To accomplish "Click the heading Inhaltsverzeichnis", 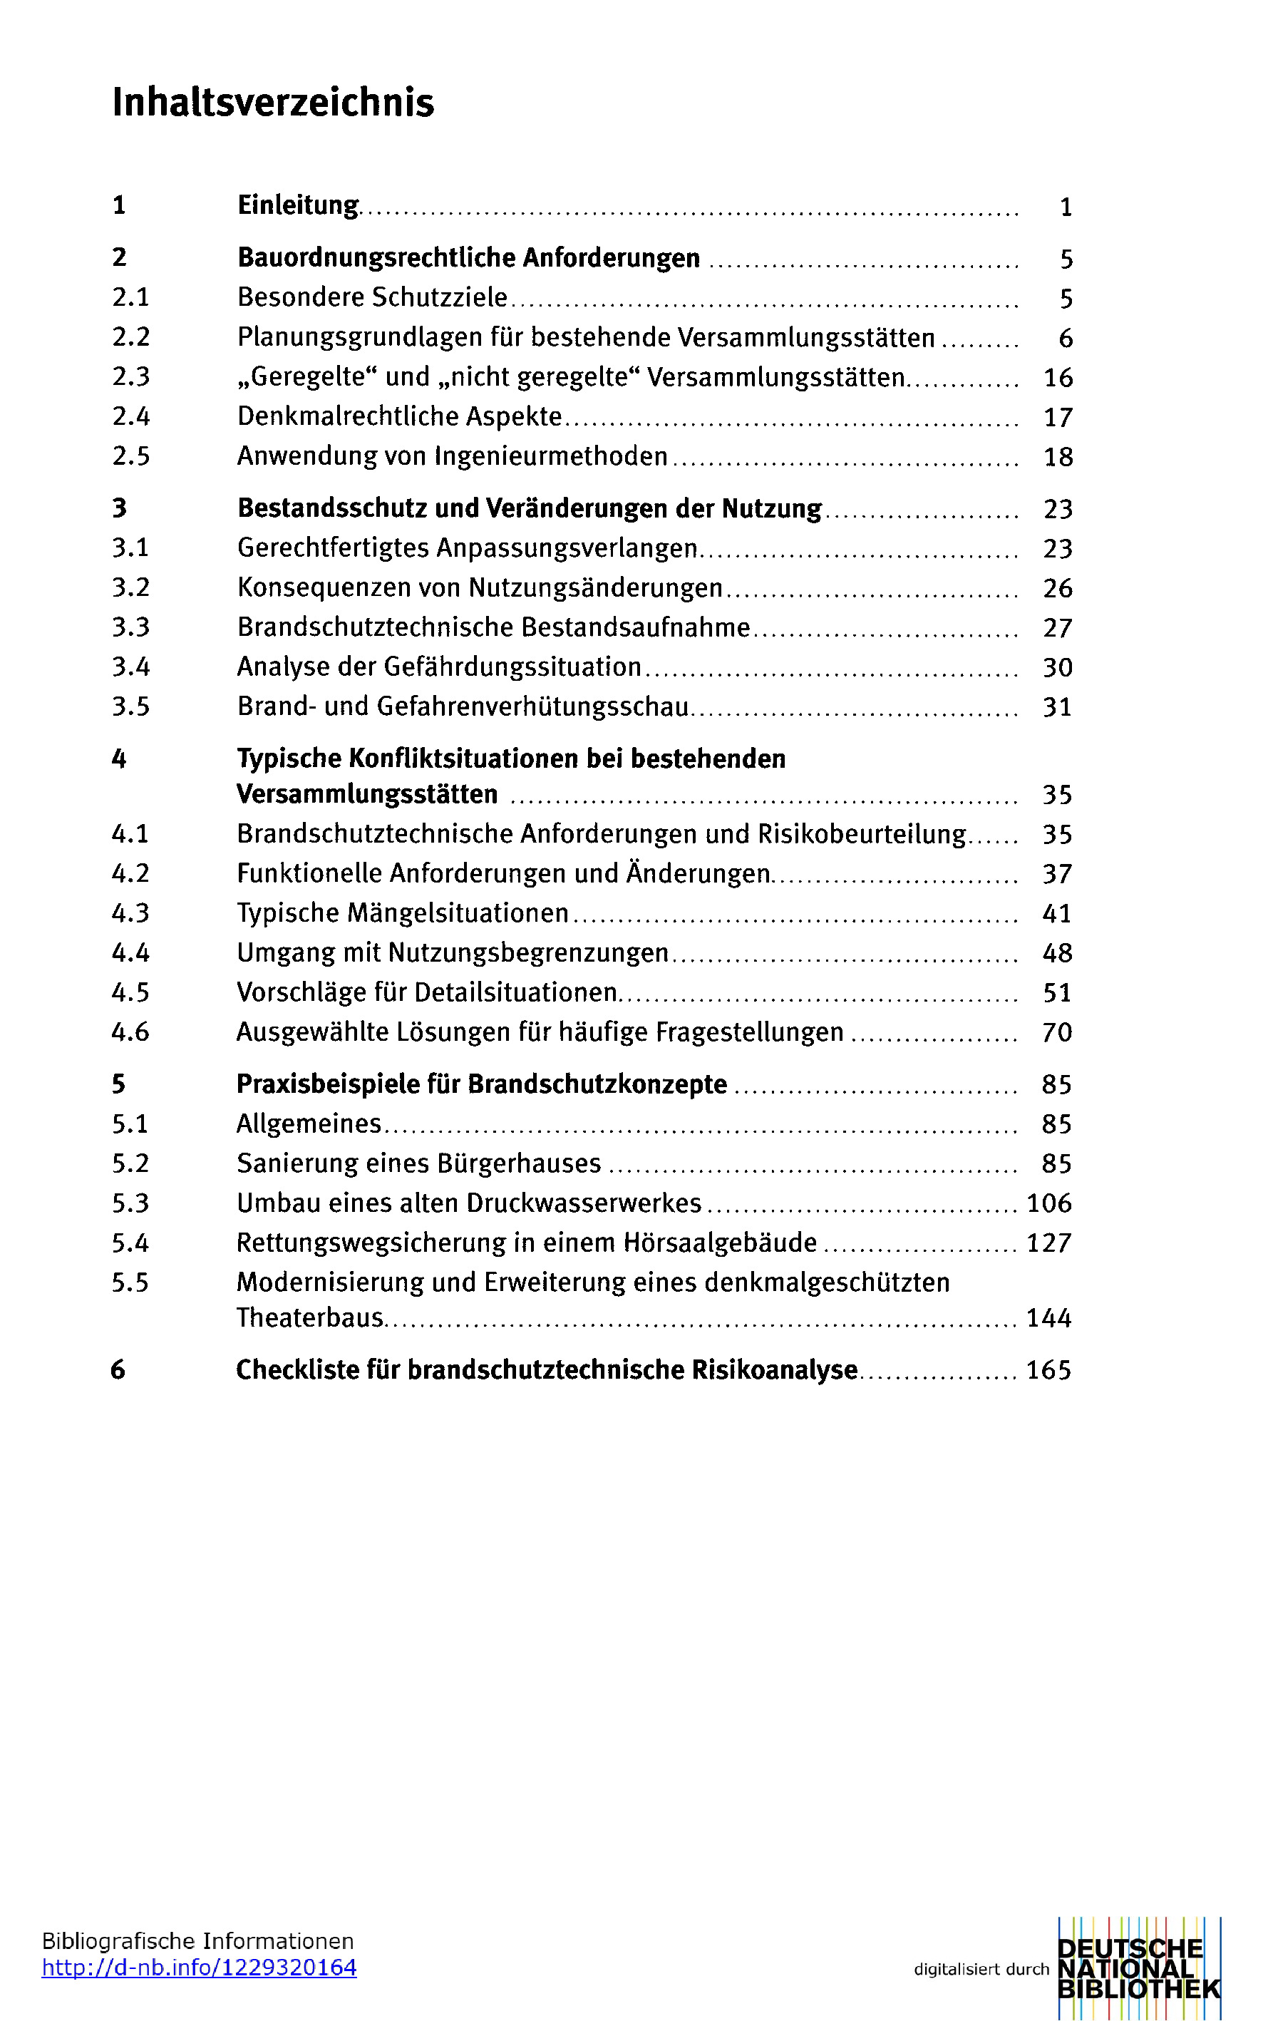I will coord(273,103).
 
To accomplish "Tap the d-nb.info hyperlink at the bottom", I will coord(199,1968).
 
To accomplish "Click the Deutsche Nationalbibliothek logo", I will coord(1138,1968).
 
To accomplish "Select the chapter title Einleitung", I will coord(297,205).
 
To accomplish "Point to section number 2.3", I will coord(131,377).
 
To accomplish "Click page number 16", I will coord(1058,378).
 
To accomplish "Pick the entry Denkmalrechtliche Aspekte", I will coord(399,416).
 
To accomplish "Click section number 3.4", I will coord(131,667).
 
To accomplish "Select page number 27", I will coord(1058,627).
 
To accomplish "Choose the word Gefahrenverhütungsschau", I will coord(533,706).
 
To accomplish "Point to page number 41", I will coord(1057,913).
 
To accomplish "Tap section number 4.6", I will coord(131,1032).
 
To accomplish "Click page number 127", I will coord(1048,1243).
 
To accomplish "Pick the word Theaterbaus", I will coord(310,1317).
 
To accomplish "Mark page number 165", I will coord(1048,1370).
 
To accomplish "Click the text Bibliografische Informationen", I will coord(198,1940).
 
